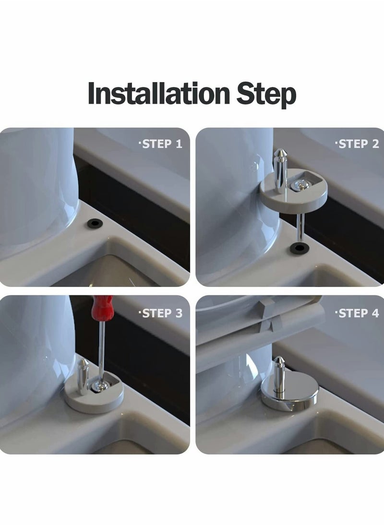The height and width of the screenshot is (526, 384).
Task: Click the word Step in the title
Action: [x=266, y=94]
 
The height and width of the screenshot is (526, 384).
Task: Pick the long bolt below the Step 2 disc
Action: [x=300, y=226]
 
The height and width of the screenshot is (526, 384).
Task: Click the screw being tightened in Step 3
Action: [x=99, y=385]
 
